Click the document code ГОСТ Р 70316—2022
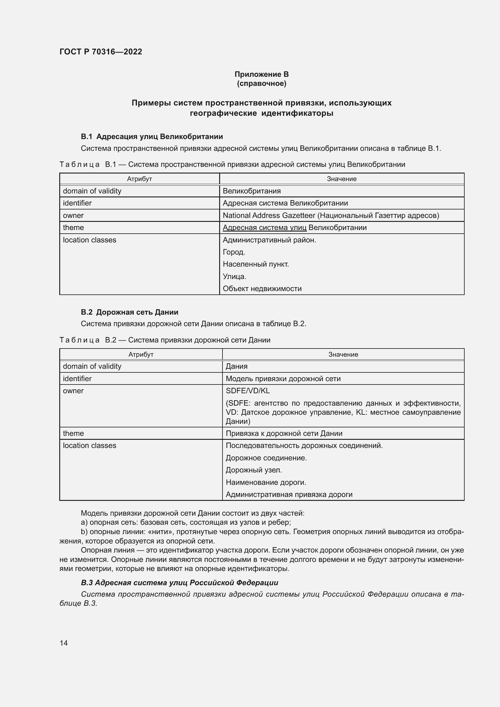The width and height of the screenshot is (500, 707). pyautogui.click(x=101, y=52)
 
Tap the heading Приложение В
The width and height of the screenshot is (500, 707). pyautogui.click(x=261, y=74)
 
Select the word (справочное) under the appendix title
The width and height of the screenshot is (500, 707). pyautogui.click(x=261, y=83)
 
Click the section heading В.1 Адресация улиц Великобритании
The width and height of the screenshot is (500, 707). pyautogui.click(x=152, y=136)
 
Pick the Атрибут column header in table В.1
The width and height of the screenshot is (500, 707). pyautogui.click(x=139, y=179)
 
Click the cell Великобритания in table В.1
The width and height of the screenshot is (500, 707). pyautogui.click(x=252, y=191)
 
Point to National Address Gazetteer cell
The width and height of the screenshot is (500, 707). pyautogui.click(x=331, y=215)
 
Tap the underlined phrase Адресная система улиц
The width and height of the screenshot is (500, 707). pyautogui.click(x=265, y=228)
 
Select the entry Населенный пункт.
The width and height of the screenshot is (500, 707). pyautogui.click(x=255, y=264)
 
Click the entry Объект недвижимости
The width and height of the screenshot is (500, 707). pyautogui.click(x=262, y=289)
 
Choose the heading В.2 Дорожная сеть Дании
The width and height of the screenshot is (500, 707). pyautogui.click(x=130, y=312)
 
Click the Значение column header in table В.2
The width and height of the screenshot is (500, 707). pyautogui.click(x=343, y=355)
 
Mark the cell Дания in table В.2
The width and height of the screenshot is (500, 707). pyautogui.click(x=236, y=366)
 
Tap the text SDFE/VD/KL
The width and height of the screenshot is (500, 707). pyautogui.click(x=248, y=391)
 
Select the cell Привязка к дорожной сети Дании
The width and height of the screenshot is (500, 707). pyautogui.click(x=284, y=433)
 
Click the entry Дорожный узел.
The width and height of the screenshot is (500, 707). pyautogui.click(x=254, y=470)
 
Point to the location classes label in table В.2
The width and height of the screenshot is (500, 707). pyautogui.click(x=89, y=446)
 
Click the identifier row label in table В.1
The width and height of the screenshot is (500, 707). pyautogui.click(x=77, y=203)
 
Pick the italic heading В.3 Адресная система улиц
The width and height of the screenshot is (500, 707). pyautogui.click(x=180, y=582)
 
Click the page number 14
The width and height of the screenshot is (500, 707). pyautogui.click(x=64, y=643)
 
